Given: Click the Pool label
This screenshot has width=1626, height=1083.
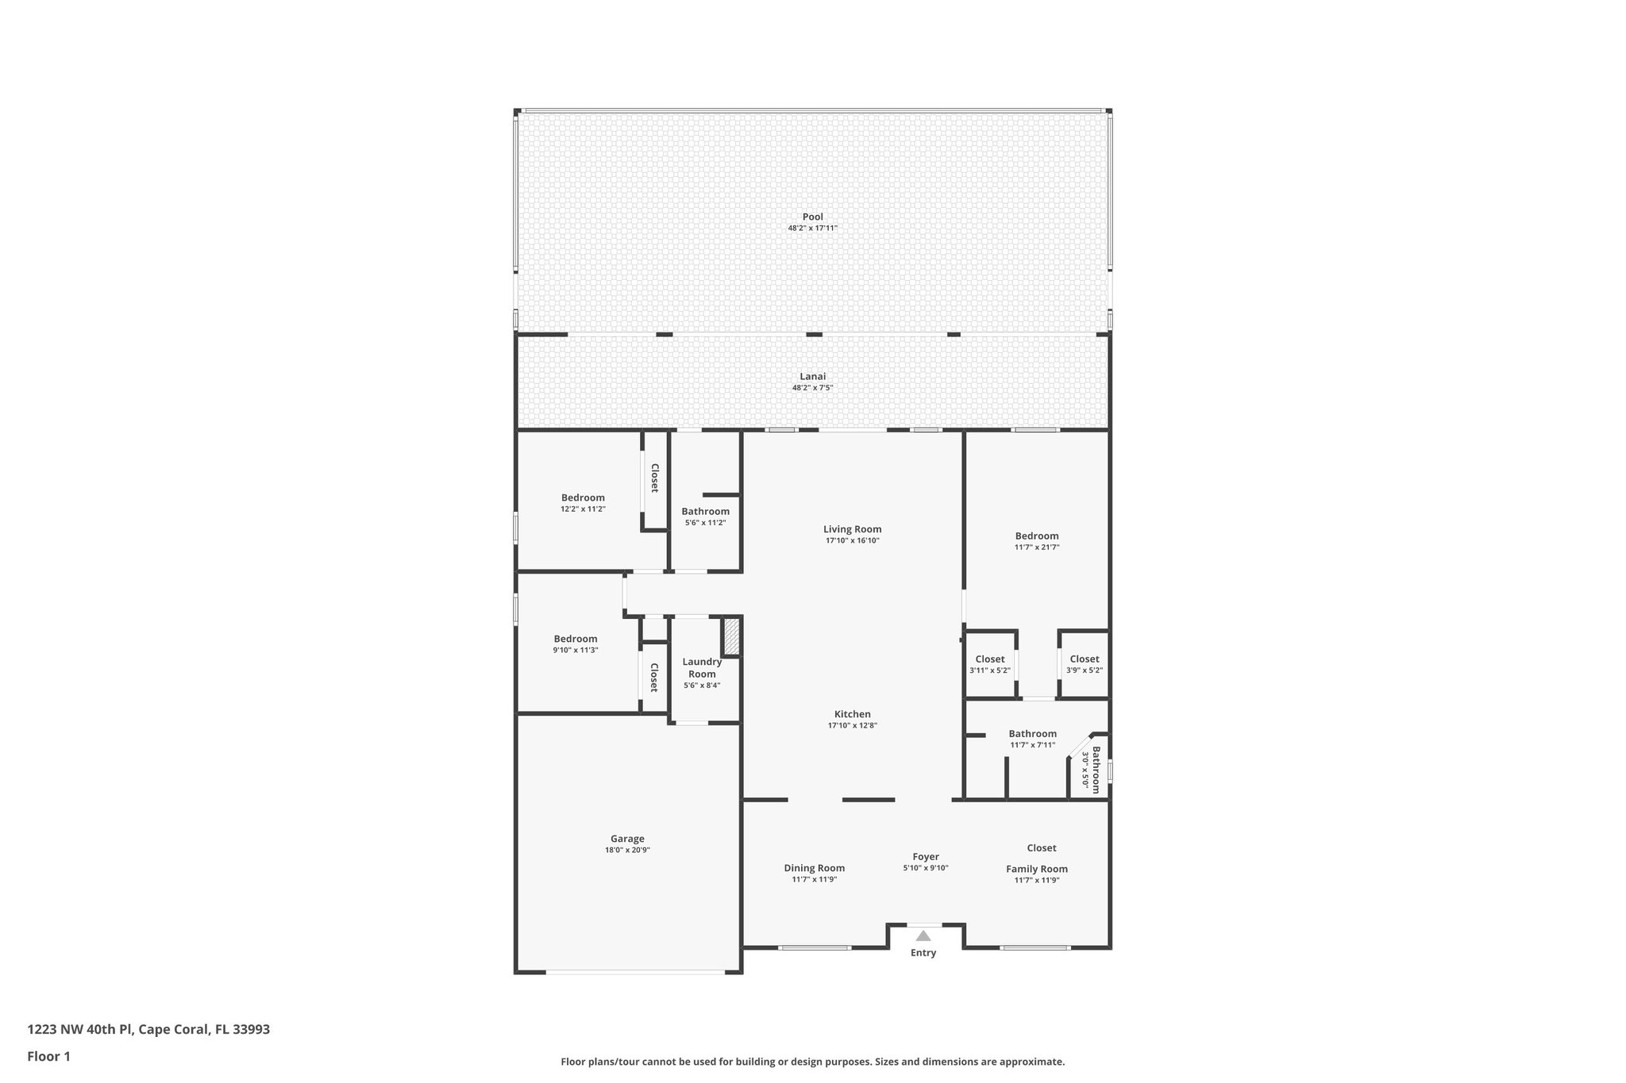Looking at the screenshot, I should pyautogui.click(x=812, y=217).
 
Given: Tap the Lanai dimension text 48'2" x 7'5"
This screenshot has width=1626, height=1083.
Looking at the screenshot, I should pyautogui.click(x=812, y=388).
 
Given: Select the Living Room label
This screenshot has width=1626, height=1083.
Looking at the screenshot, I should pyautogui.click(x=852, y=529).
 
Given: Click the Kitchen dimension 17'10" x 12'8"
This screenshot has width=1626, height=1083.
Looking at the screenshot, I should pyautogui.click(x=852, y=725).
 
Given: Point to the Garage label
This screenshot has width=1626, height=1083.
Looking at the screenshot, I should pyautogui.click(x=627, y=839).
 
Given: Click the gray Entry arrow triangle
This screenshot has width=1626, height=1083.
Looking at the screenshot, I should pyautogui.click(x=923, y=936).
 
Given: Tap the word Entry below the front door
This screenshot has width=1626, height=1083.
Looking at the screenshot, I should pyautogui.click(x=923, y=953).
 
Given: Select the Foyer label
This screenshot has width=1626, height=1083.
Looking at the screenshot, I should pyautogui.click(x=926, y=857).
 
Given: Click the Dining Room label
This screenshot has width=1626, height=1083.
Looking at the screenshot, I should pyautogui.click(x=814, y=868).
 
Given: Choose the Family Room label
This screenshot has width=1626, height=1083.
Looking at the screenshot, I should pyautogui.click(x=1036, y=869).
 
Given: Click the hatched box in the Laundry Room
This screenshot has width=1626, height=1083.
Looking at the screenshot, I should pyautogui.click(x=731, y=636).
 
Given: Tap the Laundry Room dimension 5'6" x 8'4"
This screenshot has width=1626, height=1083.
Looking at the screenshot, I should pyautogui.click(x=702, y=686).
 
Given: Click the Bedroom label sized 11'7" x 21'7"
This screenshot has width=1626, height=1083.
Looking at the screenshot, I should pyautogui.click(x=1036, y=536).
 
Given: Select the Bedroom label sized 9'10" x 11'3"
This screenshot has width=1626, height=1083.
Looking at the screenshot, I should pyautogui.click(x=576, y=639).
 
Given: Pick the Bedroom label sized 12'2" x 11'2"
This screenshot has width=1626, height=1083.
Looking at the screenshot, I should pyautogui.click(x=583, y=497).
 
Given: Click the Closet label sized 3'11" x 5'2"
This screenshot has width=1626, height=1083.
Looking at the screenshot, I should pyautogui.click(x=989, y=659).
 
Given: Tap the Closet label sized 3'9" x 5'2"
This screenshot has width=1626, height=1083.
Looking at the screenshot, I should pyautogui.click(x=1084, y=659).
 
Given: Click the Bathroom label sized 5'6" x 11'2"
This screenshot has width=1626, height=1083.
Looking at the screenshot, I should pyautogui.click(x=705, y=512).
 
